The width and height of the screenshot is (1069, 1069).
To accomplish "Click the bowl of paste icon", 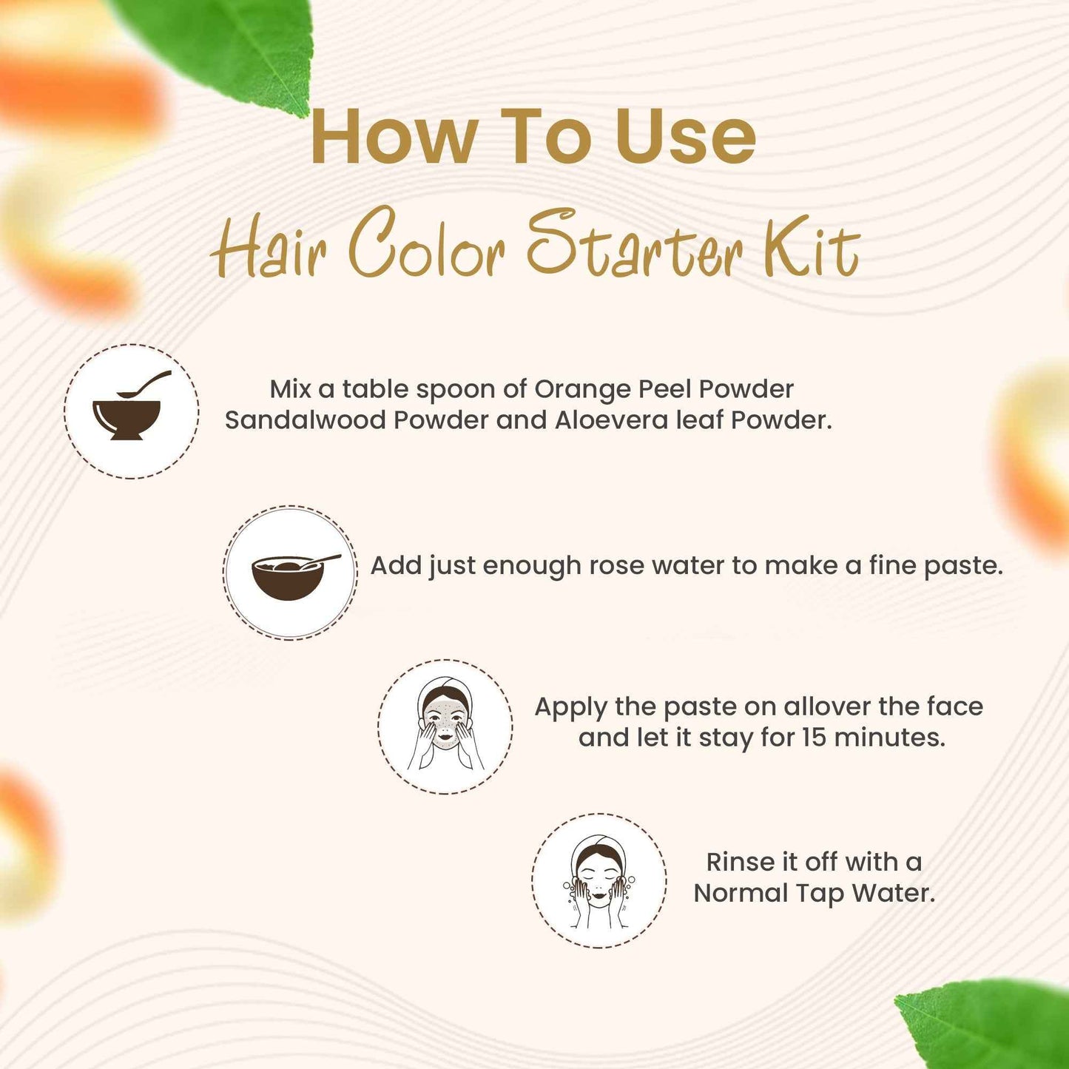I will pyautogui.click(x=290, y=572).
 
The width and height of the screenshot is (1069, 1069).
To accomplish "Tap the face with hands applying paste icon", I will pyautogui.click(x=445, y=726).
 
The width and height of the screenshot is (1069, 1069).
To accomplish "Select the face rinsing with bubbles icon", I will pyautogui.click(x=598, y=880).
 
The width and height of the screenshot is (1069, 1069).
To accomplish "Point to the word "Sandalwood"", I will pyautogui.click(x=306, y=420).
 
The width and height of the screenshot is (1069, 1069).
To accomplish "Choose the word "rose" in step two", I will pyautogui.click(x=613, y=566).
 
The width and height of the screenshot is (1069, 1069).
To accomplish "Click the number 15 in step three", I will pyautogui.click(x=814, y=738).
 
